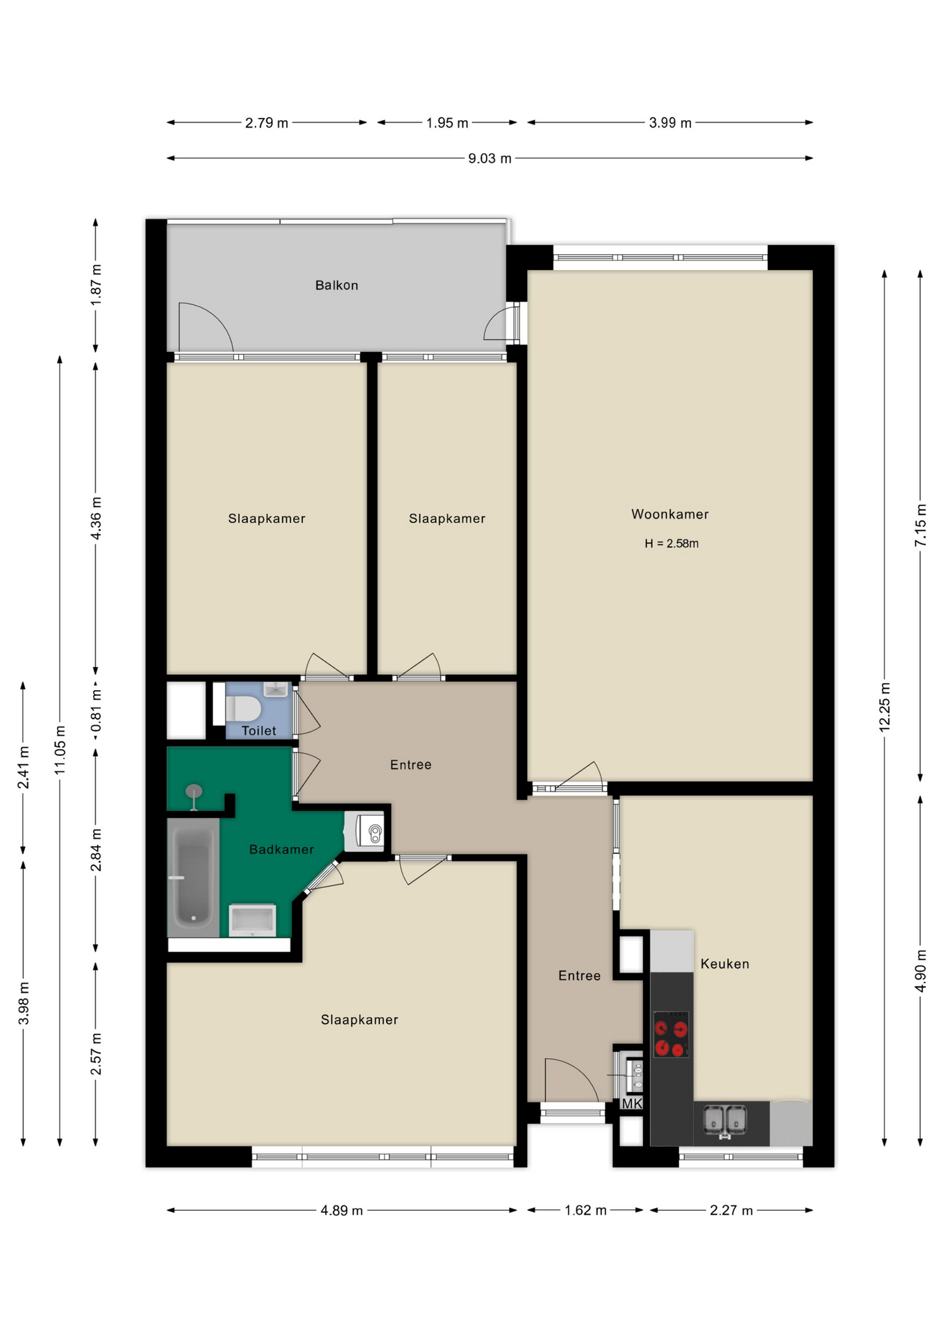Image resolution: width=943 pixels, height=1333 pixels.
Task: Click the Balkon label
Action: point(337,285)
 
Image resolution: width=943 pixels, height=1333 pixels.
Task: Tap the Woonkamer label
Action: point(669,514)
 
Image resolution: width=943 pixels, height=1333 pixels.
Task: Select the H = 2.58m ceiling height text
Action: point(671,544)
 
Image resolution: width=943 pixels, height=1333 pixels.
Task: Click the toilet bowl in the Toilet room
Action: point(242,709)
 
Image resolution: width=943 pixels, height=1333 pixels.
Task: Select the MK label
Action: point(631,1104)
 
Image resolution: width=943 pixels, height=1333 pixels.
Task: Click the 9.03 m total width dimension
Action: point(490,158)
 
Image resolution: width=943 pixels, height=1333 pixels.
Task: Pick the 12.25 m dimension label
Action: point(885,707)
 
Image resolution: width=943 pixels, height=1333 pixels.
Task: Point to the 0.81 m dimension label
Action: point(96,710)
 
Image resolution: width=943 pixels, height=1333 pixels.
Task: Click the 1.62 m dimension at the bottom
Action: point(585,1211)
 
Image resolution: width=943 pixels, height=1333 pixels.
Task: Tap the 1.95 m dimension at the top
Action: point(447,123)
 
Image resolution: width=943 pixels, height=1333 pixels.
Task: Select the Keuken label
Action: point(724,964)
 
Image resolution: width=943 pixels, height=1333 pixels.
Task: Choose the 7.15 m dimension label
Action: point(920,525)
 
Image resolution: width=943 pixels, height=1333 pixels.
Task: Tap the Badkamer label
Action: point(281,850)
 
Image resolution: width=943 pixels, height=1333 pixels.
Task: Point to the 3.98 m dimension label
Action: point(24,1003)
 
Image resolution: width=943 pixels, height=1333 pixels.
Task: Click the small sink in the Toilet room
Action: point(276,689)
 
